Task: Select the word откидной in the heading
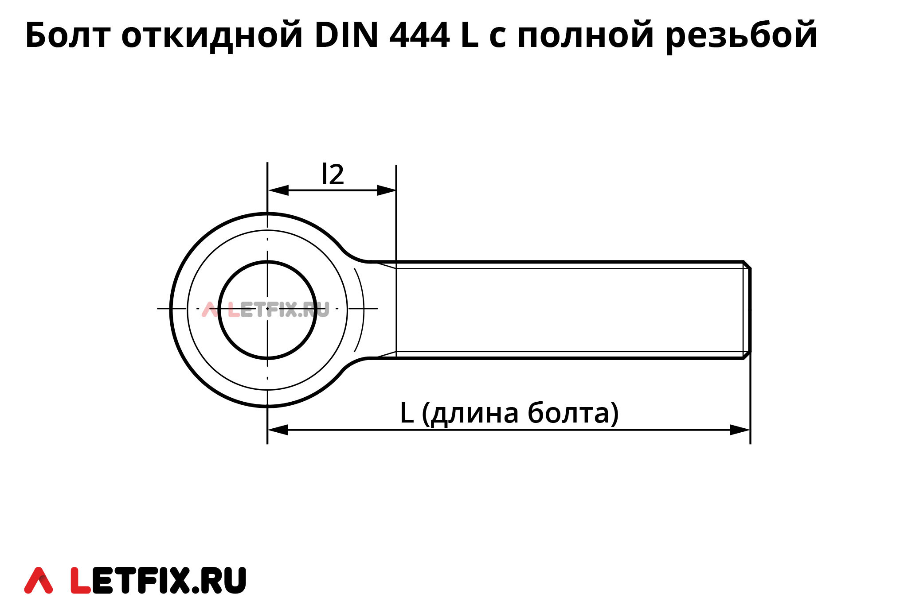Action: pyautogui.click(x=212, y=35)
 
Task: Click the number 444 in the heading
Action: pyautogui.click(x=419, y=35)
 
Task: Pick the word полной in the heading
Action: pyautogui.click(x=586, y=35)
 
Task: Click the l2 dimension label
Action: pyautogui.click(x=333, y=175)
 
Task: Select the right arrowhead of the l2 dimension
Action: pyautogui.click(x=386, y=190)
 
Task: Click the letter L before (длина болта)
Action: pyautogui.click(x=407, y=413)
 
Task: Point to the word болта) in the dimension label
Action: pyautogui.click(x=573, y=413)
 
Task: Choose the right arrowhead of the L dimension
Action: pyautogui.click(x=740, y=430)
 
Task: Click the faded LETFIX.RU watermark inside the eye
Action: pyautogui.click(x=266, y=310)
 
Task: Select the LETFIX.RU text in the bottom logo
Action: pyautogui.click(x=158, y=580)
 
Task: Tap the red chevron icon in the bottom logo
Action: pyautogui.click(x=39, y=580)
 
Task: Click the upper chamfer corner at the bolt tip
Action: pyautogui.click(x=747, y=265)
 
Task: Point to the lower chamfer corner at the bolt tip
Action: pyautogui.click(x=747, y=355)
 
